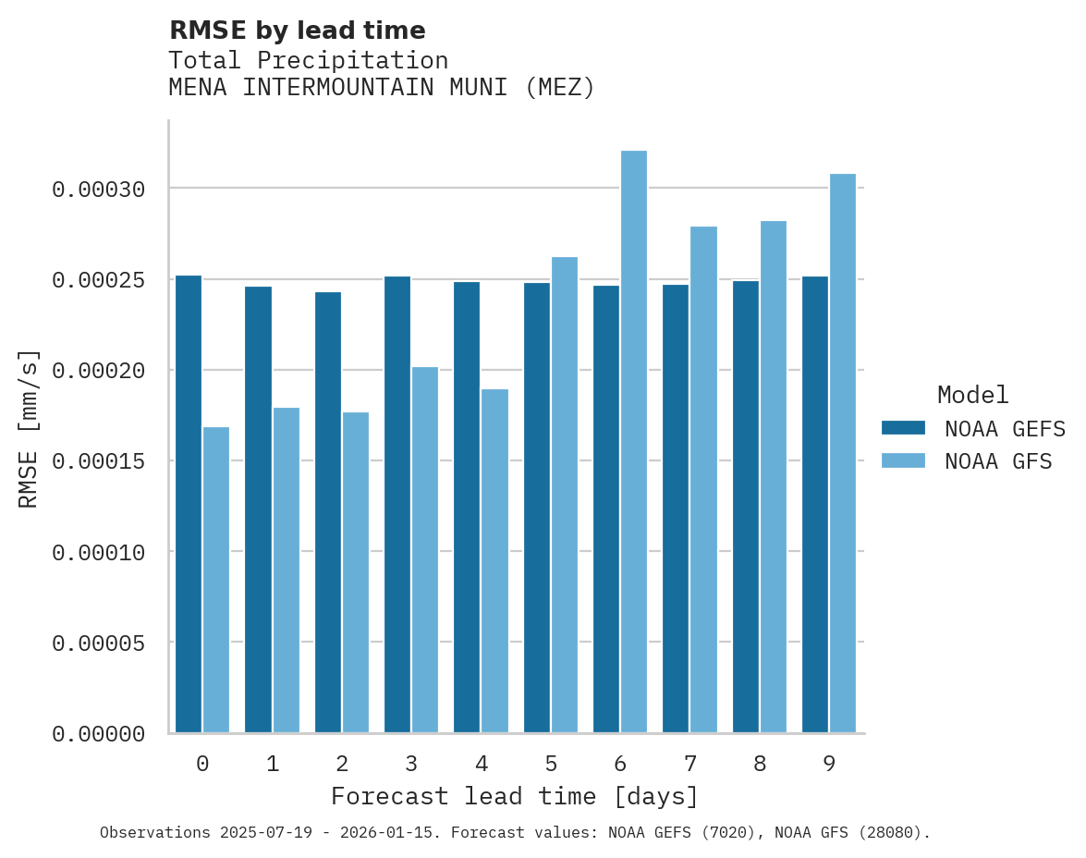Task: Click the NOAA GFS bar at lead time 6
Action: (634, 442)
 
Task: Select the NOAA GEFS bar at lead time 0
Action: (189, 504)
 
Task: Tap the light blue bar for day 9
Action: (843, 453)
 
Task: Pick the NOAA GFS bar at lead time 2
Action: (356, 572)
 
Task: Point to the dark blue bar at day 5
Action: (537, 508)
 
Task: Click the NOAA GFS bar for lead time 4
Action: (494, 560)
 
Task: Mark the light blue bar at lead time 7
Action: (703, 479)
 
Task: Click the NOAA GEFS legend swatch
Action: (903, 427)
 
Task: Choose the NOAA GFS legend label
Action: (998, 461)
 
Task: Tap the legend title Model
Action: (972, 395)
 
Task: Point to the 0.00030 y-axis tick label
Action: (99, 190)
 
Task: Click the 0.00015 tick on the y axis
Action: (99, 461)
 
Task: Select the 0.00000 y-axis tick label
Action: (99, 734)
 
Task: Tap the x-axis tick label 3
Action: (411, 764)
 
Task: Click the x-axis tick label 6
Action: (620, 764)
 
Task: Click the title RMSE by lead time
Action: (297, 31)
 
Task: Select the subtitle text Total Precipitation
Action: (308, 60)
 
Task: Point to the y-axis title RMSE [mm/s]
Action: (29, 428)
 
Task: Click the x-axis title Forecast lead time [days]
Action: (515, 796)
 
